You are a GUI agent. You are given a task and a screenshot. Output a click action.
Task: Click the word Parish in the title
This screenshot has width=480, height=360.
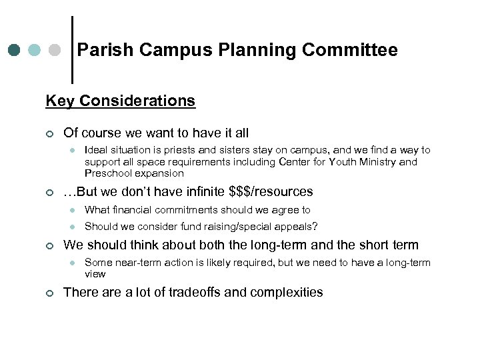point(100,50)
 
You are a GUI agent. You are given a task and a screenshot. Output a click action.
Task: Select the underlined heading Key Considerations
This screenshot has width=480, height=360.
point(121,101)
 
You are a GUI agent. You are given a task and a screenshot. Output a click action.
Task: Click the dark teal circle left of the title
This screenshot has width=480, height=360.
point(14,50)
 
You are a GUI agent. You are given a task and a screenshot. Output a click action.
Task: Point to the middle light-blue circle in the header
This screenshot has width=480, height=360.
point(35,50)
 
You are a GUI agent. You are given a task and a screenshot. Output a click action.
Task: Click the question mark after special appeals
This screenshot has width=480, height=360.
point(315,226)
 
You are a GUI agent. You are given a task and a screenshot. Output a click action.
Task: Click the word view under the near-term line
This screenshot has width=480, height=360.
point(95,273)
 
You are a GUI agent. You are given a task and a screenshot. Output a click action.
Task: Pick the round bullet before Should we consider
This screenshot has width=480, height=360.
point(72,227)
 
